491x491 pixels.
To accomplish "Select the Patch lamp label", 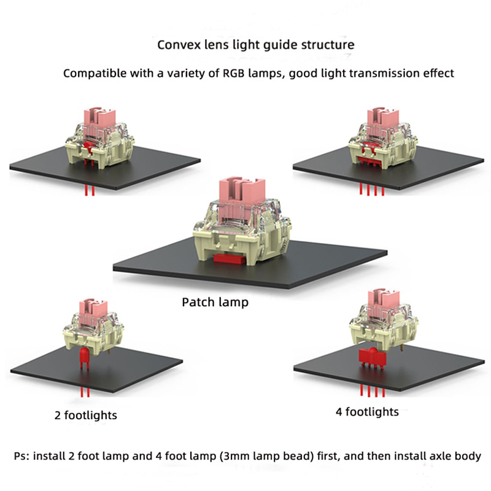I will (x=215, y=303).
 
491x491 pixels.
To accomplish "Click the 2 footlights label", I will (x=86, y=416).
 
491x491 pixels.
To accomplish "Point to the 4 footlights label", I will (x=367, y=411).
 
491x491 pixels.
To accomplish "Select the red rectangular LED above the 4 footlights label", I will (x=371, y=355).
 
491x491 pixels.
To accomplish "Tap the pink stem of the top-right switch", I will (x=380, y=116).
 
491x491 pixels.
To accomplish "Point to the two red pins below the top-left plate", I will (x=90, y=191).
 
